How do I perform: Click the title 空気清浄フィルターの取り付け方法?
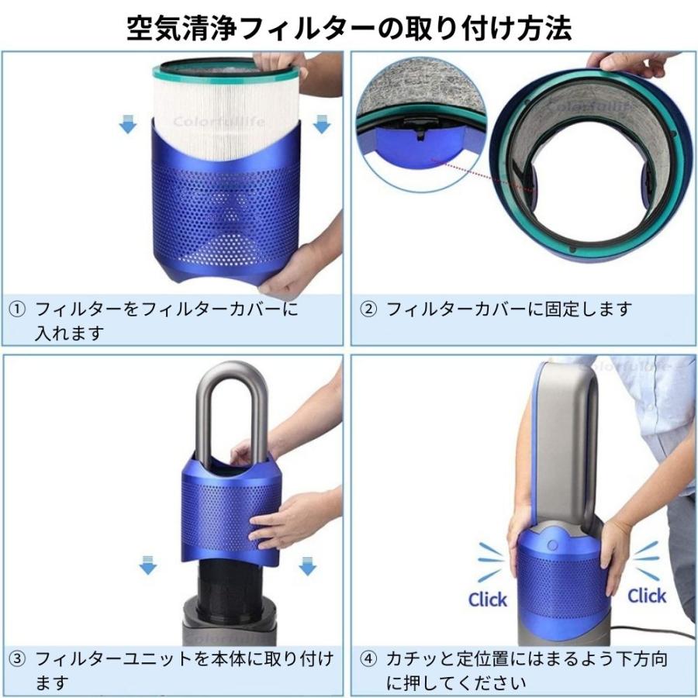click(349, 28)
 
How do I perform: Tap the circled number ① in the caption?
click(17, 309)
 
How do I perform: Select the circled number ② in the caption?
click(369, 309)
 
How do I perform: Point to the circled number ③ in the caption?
click(17, 660)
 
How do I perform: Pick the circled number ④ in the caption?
click(369, 660)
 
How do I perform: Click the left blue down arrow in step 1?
click(128, 123)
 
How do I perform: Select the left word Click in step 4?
click(488, 599)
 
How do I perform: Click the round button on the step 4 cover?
click(551, 546)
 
